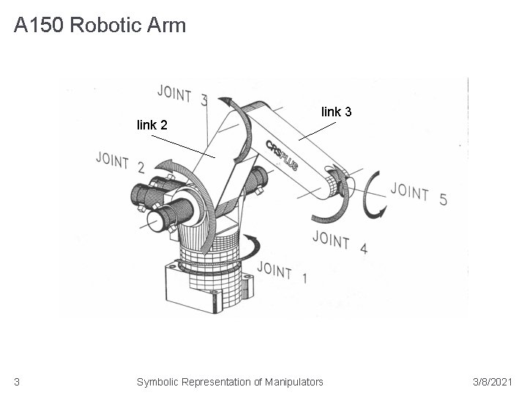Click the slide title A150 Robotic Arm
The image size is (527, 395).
pos(100,26)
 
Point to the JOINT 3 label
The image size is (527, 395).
pos(182,95)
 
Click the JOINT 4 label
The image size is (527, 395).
pos(339,241)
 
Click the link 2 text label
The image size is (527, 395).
pos(152,125)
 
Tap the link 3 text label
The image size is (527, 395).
pos(337,112)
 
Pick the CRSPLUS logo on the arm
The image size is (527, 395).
pos(281,155)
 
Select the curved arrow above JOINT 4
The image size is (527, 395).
pos(326,214)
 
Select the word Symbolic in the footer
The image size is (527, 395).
pos(157,381)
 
